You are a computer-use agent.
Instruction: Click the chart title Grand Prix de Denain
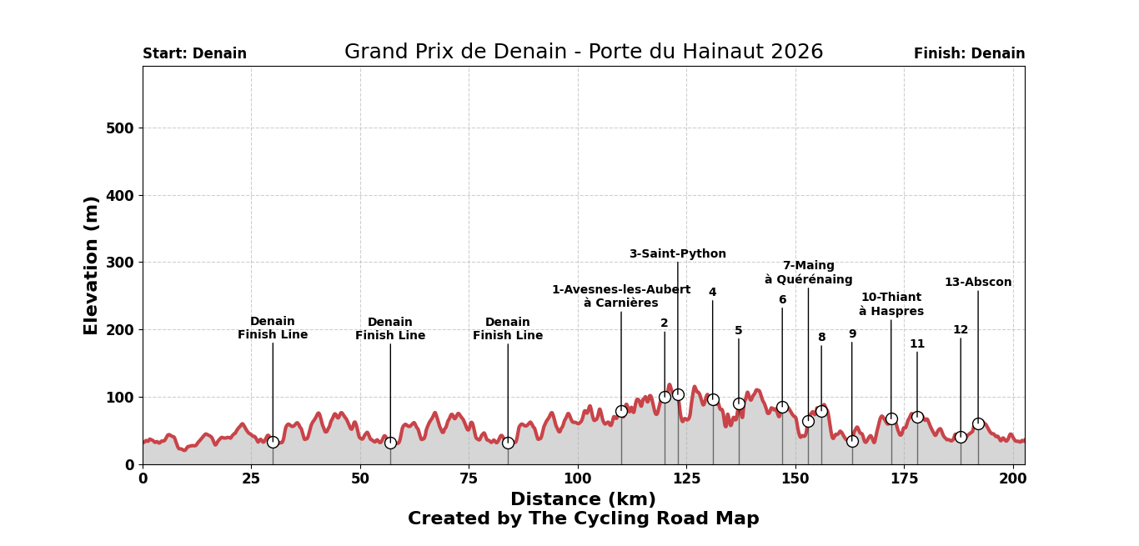[x=583, y=53]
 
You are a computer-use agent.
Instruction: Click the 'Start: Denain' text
[x=194, y=54]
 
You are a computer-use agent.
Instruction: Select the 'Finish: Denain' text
[x=969, y=54]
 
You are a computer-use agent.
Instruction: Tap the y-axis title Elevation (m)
[x=91, y=265]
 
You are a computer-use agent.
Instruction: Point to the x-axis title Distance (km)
[x=583, y=499]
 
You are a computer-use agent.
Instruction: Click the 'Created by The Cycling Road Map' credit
[x=583, y=518]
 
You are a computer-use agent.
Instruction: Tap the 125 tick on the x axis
[x=686, y=479]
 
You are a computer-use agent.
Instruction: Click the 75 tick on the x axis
[x=469, y=479]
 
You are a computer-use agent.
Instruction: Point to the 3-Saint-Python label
[x=677, y=254]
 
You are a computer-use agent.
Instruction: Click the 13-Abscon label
[x=977, y=283]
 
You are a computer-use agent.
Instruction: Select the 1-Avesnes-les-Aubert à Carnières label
[x=621, y=297]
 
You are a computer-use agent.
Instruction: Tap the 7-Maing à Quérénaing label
[x=808, y=273]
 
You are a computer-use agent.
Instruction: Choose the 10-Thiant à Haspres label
[x=891, y=304]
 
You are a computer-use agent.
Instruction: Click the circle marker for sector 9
[x=852, y=441]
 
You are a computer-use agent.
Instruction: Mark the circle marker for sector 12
[x=961, y=437]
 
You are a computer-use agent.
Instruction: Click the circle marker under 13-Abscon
[x=978, y=423]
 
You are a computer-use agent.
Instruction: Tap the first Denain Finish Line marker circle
[x=273, y=442]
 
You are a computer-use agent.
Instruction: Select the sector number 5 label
[x=738, y=331]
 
